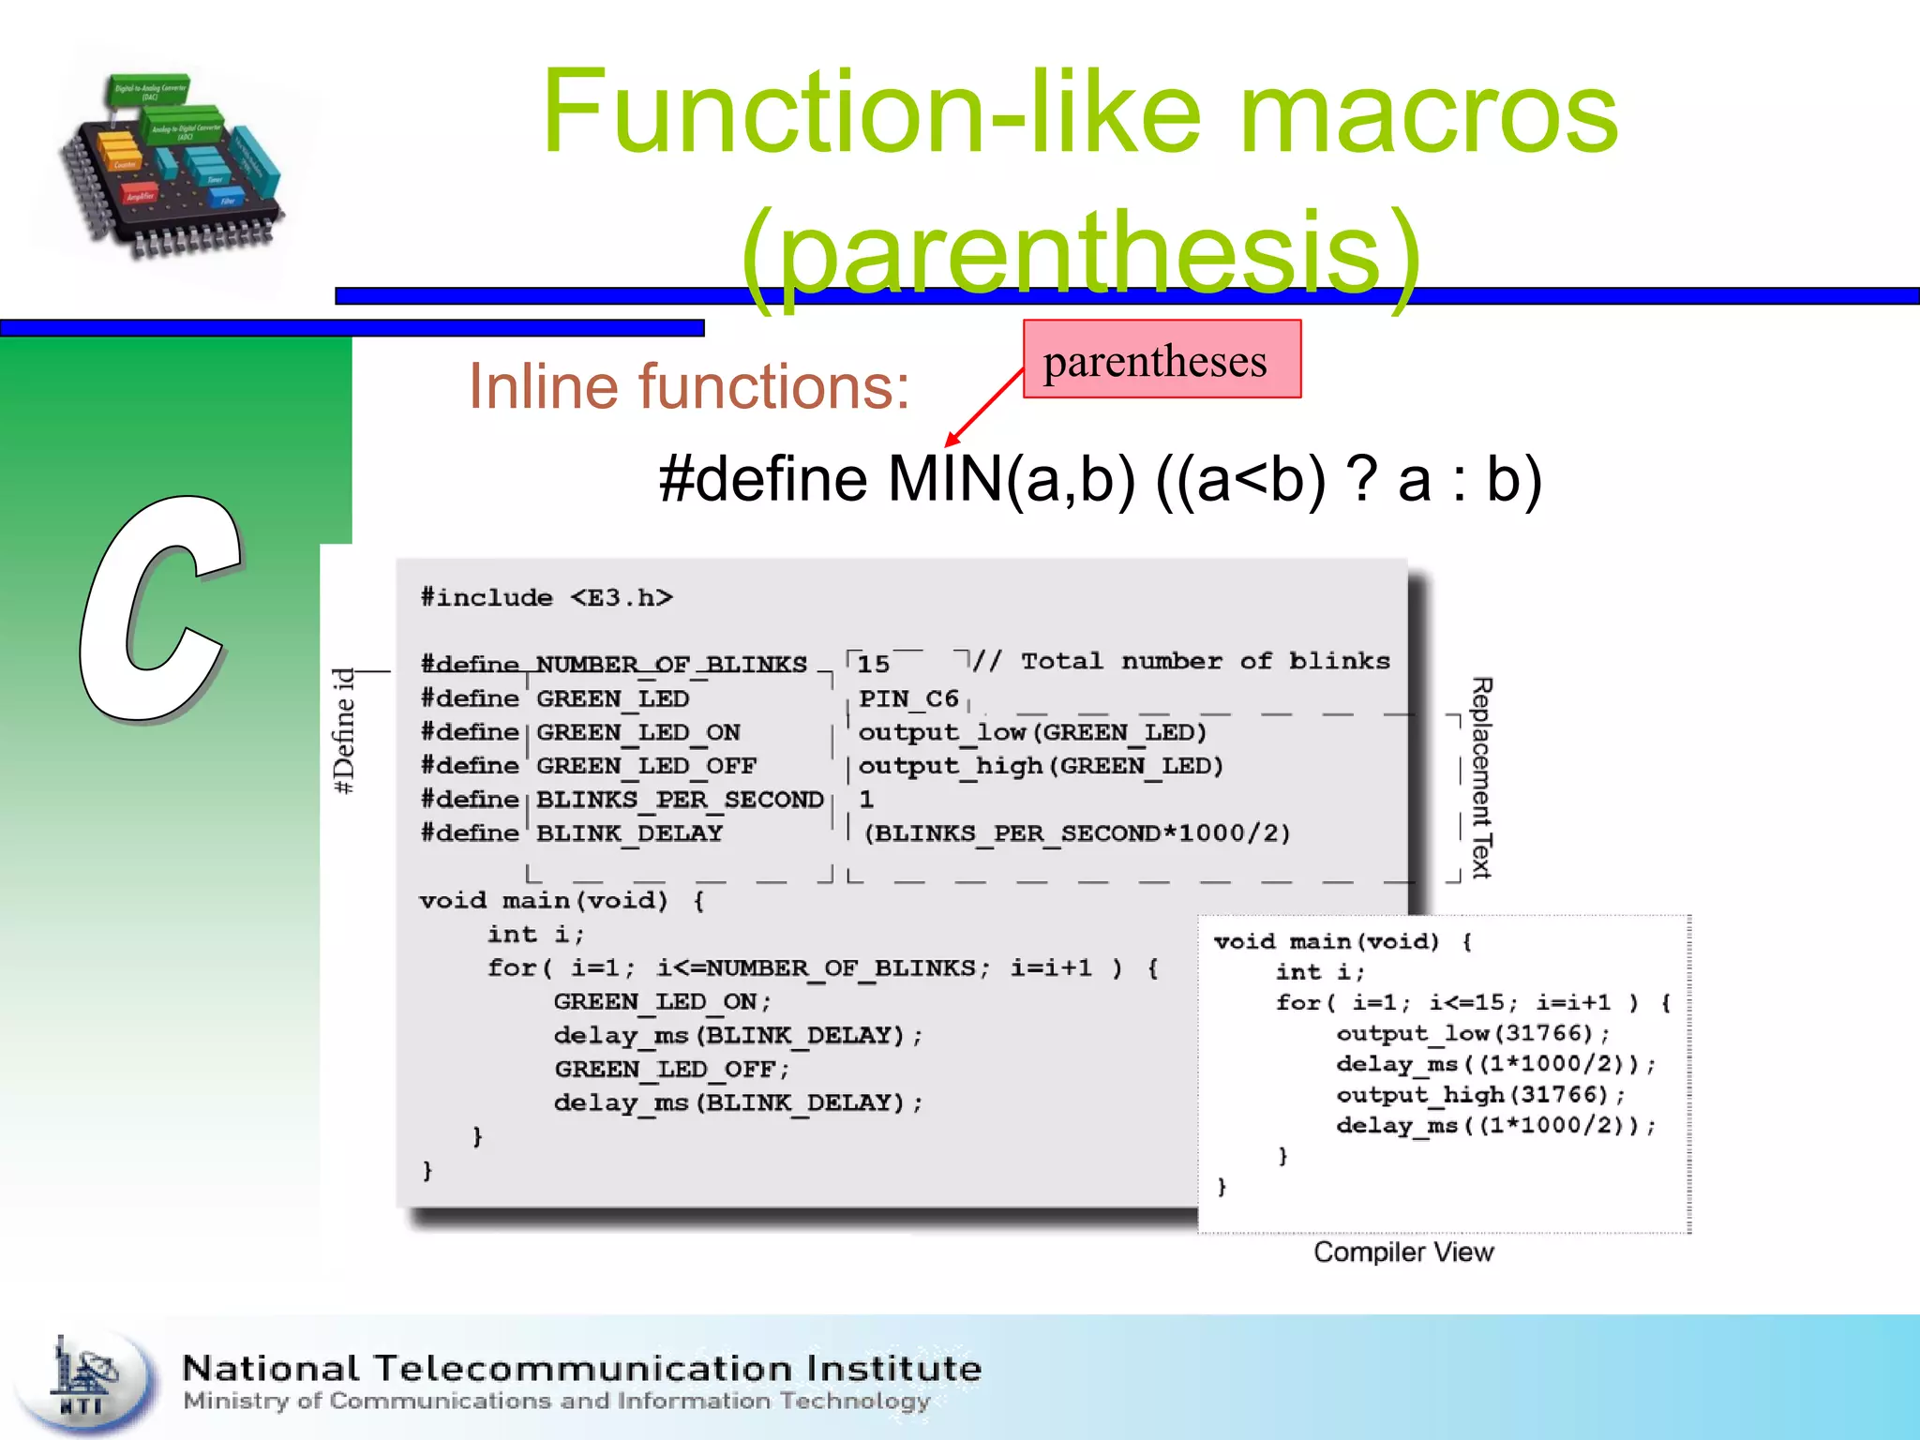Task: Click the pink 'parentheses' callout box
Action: point(1162,360)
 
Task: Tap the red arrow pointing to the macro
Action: point(984,407)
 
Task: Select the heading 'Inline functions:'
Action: point(689,386)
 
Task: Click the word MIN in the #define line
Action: point(944,480)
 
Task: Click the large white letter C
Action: point(159,609)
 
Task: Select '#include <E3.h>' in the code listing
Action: point(547,598)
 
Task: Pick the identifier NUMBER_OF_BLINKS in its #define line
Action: point(670,665)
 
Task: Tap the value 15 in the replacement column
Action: point(874,665)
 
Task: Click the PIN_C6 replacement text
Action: point(908,699)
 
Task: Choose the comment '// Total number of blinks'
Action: point(1181,662)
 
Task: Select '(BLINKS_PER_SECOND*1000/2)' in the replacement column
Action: point(1077,833)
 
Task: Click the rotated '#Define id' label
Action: point(344,731)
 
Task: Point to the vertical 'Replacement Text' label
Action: point(1481,778)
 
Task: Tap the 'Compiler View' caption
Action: point(1403,1252)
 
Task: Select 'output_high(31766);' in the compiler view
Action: point(1480,1095)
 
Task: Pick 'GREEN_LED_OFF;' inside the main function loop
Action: point(672,1070)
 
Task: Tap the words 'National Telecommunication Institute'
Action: point(581,1369)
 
